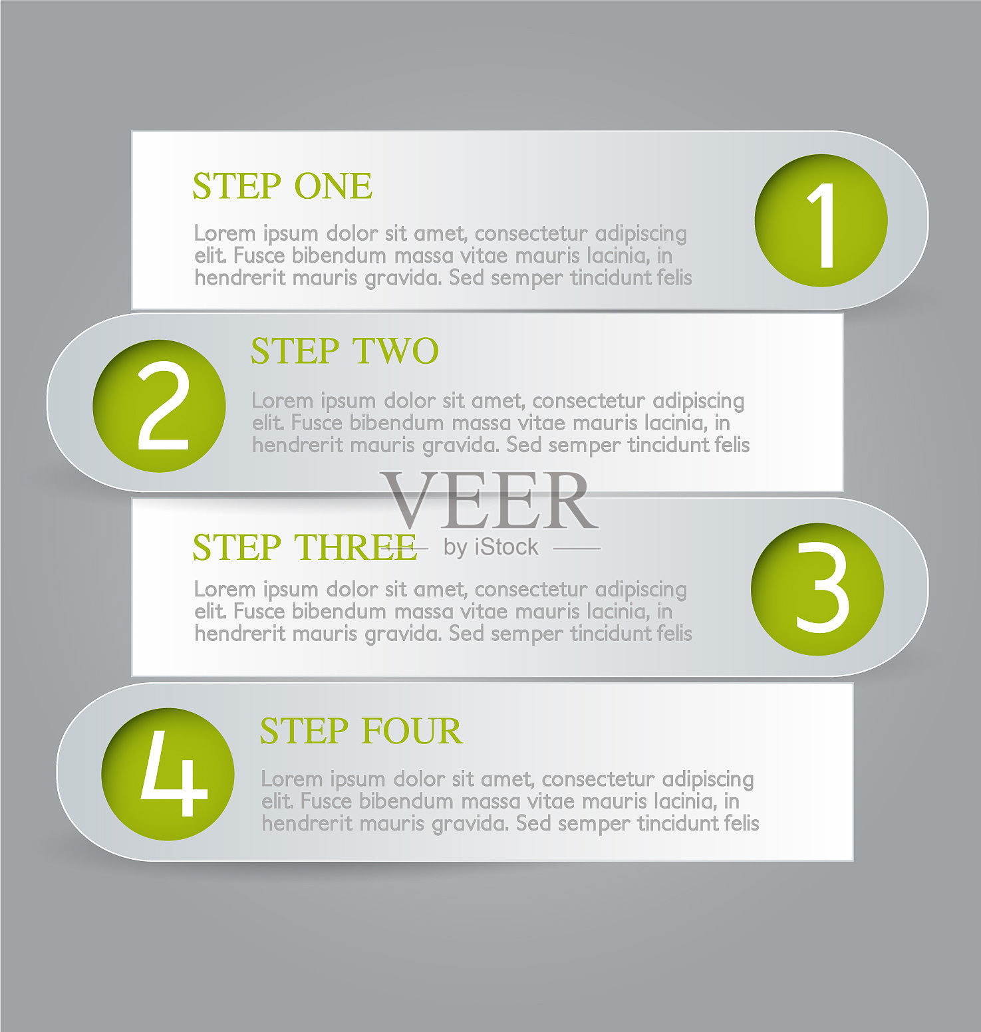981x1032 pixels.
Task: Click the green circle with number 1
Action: coord(821,221)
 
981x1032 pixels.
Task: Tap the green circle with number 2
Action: coord(160,406)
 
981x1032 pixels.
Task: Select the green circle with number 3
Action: coord(818,589)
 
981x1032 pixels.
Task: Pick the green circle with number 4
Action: coord(168,774)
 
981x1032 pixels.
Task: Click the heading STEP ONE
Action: coord(283,186)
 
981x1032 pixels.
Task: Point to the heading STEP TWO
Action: coord(345,351)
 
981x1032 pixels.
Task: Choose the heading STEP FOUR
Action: coord(361,731)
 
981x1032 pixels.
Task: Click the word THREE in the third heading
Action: coord(356,547)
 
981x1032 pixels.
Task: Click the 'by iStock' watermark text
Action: coord(491,547)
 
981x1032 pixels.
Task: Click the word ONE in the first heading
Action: coord(333,186)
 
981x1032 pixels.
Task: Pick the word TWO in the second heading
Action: coord(396,351)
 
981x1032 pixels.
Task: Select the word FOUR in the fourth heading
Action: coord(412,731)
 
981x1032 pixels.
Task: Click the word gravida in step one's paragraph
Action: coord(403,278)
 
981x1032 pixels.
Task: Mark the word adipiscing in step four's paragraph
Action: coord(708,779)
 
